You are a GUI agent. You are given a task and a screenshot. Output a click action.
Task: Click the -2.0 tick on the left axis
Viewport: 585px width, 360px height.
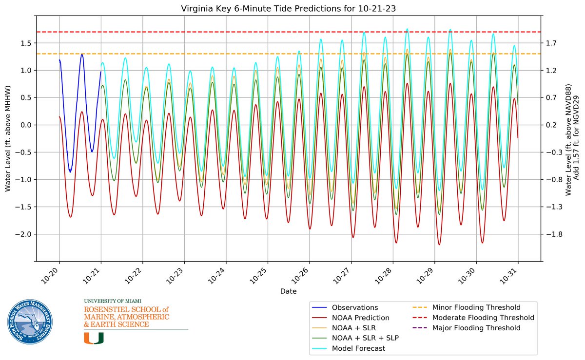24,234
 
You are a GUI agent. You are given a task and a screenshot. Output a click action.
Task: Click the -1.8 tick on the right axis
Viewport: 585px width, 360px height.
552,234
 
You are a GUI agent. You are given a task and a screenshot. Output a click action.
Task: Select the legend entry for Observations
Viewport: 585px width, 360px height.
354,307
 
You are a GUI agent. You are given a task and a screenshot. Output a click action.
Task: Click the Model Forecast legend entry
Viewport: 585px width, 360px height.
358,348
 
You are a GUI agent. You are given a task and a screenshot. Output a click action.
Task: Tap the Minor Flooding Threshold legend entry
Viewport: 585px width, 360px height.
476,307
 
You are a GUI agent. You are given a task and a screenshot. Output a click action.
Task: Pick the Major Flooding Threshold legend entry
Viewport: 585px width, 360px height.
476,328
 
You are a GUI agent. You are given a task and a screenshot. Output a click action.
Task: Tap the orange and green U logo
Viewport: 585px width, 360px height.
94,338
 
